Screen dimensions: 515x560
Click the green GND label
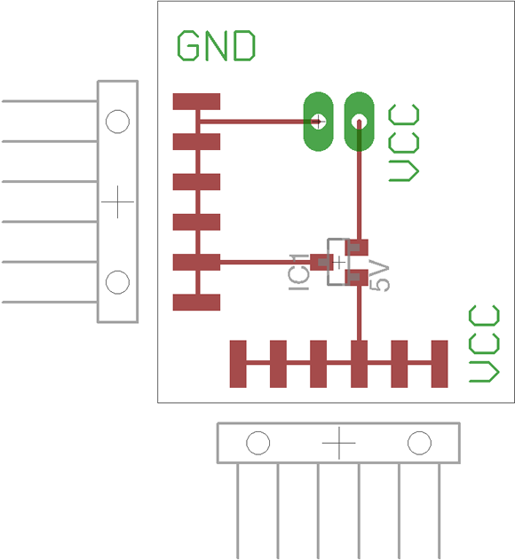coord(217,45)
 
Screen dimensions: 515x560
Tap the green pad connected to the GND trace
coord(318,122)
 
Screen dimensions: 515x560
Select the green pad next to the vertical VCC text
coord(360,122)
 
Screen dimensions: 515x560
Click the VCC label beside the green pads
coord(404,143)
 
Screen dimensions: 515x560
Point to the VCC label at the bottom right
coord(484,343)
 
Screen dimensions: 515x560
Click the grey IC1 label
coord(298,272)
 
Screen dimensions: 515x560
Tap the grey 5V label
coord(379,276)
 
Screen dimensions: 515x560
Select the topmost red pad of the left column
coord(196,101)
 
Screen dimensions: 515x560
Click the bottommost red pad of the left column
coord(196,302)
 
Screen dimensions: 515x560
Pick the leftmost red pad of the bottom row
coord(238,364)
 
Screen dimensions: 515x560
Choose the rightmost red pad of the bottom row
coord(440,364)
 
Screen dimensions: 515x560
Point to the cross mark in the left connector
coord(117,201)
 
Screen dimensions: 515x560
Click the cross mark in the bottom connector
coord(339,443)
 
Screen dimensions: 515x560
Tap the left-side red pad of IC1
coord(321,262)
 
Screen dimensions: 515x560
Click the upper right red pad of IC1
coord(356,248)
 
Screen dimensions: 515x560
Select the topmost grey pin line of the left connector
coord(50,101)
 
